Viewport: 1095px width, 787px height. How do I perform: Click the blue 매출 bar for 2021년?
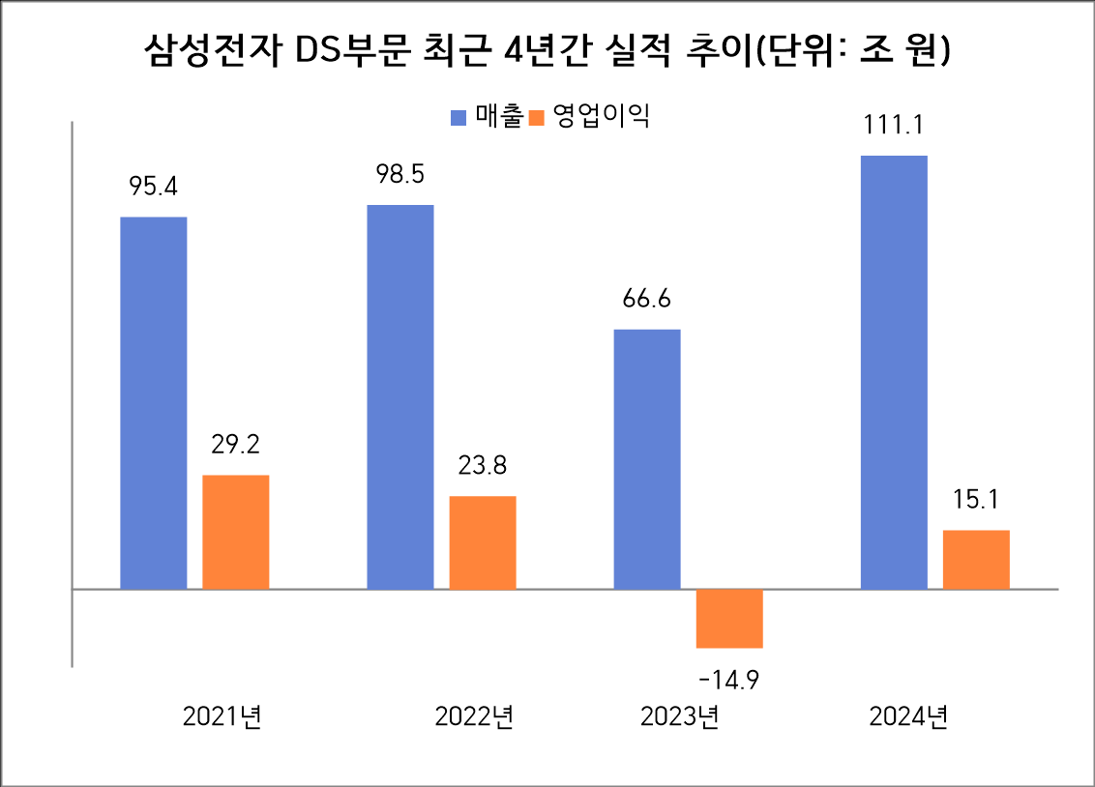(x=153, y=402)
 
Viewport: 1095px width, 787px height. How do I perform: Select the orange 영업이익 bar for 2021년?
(x=235, y=532)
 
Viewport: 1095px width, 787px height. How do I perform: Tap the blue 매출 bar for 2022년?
(x=400, y=396)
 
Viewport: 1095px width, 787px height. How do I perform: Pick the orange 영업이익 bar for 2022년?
(x=483, y=542)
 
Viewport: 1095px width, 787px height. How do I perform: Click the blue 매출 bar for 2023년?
(x=647, y=459)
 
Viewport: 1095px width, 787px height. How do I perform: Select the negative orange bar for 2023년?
(x=729, y=619)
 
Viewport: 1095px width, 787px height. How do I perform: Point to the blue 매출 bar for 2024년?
(x=894, y=372)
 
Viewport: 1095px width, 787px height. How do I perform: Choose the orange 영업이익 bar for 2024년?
(x=976, y=559)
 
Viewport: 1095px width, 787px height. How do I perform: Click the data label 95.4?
(x=154, y=187)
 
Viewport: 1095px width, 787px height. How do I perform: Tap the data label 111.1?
(x=894, y=125)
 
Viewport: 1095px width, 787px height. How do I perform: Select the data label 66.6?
(x=647, y=299)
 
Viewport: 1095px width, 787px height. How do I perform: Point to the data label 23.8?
(x=483, y=465)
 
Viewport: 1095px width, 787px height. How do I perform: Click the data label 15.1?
(x=976, y=500)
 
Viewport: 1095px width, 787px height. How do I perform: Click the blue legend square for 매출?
(x=459, y=118)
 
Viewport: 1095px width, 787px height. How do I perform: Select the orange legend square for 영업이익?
(x=539, y=118)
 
